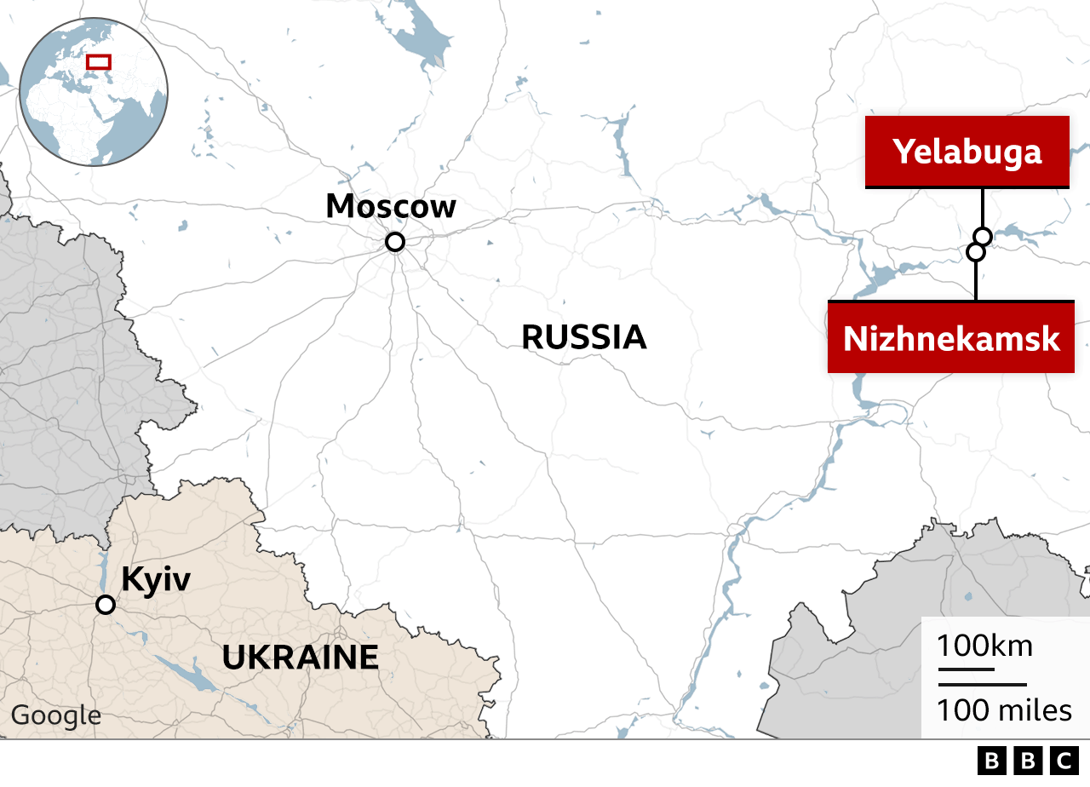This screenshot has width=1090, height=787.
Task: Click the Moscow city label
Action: (x=391, y=206)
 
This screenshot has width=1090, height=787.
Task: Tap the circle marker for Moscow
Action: (x=394, y=242)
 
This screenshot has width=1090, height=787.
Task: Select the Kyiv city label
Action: (x=156, y=579)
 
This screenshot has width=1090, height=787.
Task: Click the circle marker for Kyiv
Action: (x=106, y=605)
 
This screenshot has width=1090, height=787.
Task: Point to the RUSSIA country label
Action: (x=584, y=337)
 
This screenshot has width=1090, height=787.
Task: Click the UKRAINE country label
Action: (x=300, y=658)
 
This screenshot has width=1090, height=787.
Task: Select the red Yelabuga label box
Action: (x=967, y=152)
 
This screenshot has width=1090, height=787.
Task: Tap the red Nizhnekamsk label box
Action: (x=951, y=337)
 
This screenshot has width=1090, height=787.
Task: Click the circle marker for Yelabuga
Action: (x=983, y=236)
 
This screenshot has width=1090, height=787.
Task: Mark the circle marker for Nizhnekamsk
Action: (x=976, y=252)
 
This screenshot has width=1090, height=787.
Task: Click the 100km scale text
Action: (x=985, y=646)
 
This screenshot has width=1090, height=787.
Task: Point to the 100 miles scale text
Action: (x=1005, y=709)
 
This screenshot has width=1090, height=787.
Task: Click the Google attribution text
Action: (x=55, y=715)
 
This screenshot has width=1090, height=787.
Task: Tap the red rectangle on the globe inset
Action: (x=99, y=61)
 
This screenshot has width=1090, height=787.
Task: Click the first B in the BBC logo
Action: (x=990, y=761)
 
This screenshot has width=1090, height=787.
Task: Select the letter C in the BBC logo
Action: (x=1064, y=761)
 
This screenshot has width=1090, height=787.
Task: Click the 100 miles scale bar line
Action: (x=983, y=684)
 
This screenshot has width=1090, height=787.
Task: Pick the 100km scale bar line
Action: (x=966, y=669)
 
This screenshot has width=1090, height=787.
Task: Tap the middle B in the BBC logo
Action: (x=1027, y=761)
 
